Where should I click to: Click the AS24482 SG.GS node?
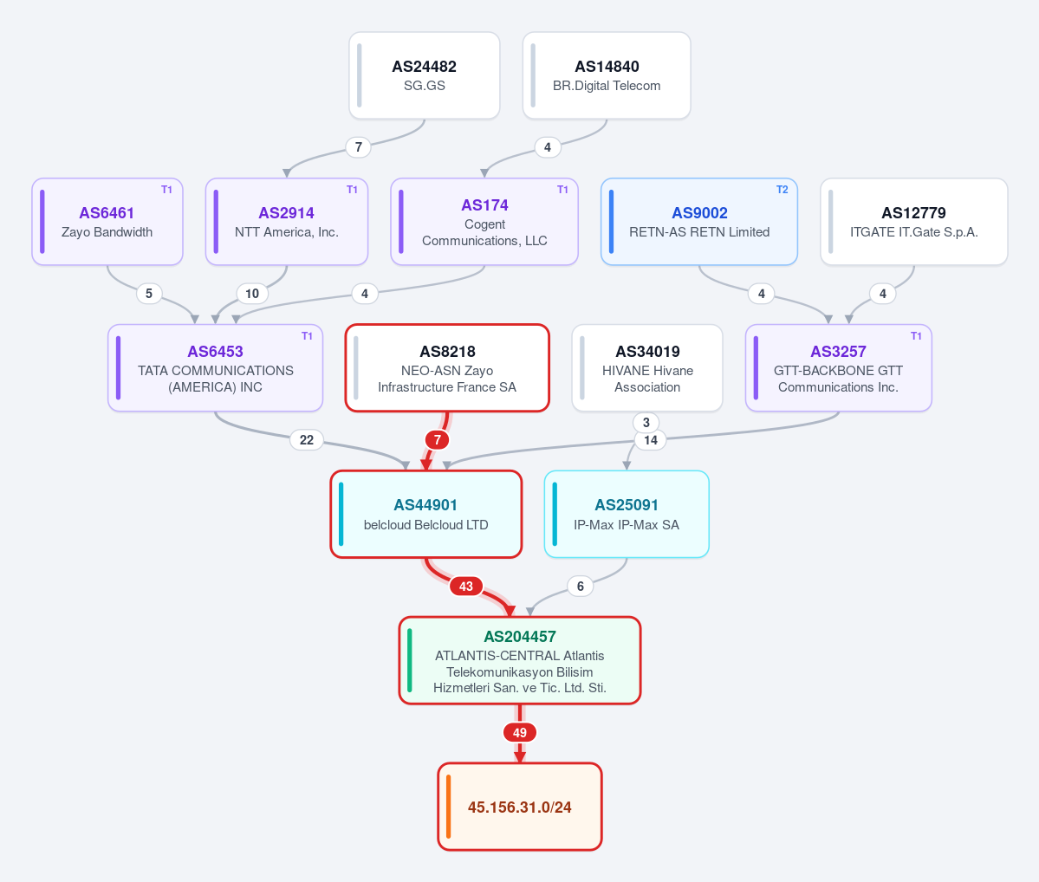(x=424, y=75)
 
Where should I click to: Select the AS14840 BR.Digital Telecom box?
(x=607, y=75)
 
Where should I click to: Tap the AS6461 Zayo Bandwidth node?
(x=107, y=221)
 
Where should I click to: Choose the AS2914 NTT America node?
(x=286, y=221)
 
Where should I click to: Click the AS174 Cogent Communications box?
(x=484, y=221)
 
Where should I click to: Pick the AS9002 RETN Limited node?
(x=699, y=221)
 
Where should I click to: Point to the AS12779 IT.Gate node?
(x=913, y=221)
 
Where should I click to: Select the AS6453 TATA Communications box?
(x=216, y=367)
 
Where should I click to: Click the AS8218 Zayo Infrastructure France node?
(x=447, y=367)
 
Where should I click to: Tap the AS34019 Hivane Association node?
(x=647, y=367)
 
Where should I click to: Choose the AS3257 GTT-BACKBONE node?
(x=838, y=367)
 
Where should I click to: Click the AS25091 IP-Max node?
(x=627, y=515)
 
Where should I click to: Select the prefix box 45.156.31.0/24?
(x=520, y=807)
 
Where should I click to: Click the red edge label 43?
(x=466, y=587)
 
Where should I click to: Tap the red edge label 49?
(x=520, y=733)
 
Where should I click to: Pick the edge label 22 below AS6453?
(x=306, y=440)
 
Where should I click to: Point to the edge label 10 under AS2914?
(x=252, y=294)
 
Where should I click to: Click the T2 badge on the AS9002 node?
(x=782, y=190)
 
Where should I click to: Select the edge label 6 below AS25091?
(x=581, y=587)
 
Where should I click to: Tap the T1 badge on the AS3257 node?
(x=916, y=336)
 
